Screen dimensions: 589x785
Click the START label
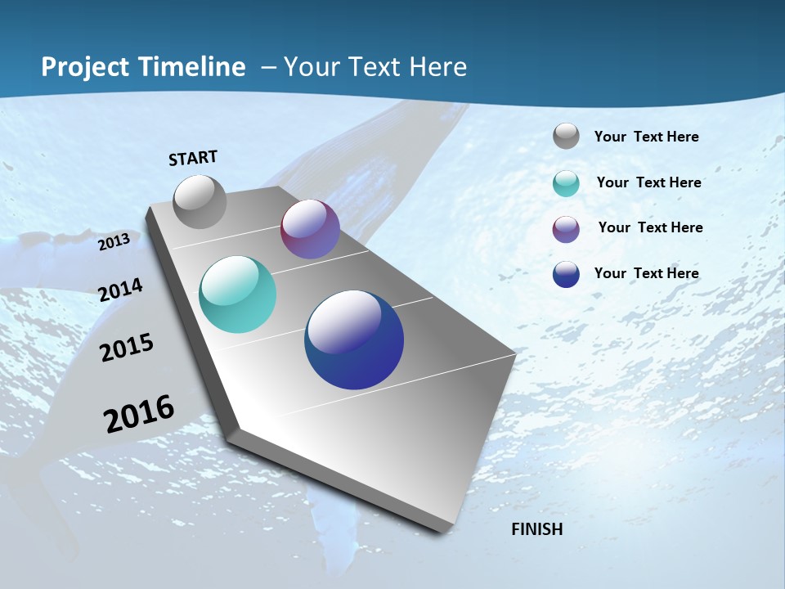(x=193, y=158)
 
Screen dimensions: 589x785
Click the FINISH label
(x=537, y=529)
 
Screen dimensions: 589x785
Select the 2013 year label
(x=114, y=242)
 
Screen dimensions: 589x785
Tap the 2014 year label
(x=120, y=290)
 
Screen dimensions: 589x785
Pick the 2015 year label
(x=127, y=348)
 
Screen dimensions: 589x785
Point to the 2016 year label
(x=139, y=414)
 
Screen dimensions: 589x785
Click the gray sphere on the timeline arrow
(x=200, y=201)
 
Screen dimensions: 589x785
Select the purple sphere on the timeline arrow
(x=310, y=229)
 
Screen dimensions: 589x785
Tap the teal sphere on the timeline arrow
(x=237, y=294)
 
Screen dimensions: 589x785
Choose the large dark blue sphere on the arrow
(x=354, y=339)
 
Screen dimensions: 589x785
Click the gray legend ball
(x=566, y=137)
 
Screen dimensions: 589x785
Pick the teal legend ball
(x=566, y=183)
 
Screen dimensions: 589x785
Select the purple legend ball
(x=566, y=229)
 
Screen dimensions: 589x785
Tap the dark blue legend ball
(x=566, y=274)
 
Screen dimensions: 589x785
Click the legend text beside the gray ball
(x=646, y=137)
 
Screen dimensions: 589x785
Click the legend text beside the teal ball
(x=648, y=182)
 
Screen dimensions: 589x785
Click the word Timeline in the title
(x=191, y=67)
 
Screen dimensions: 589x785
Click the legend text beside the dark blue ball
(x=646, y=273)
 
